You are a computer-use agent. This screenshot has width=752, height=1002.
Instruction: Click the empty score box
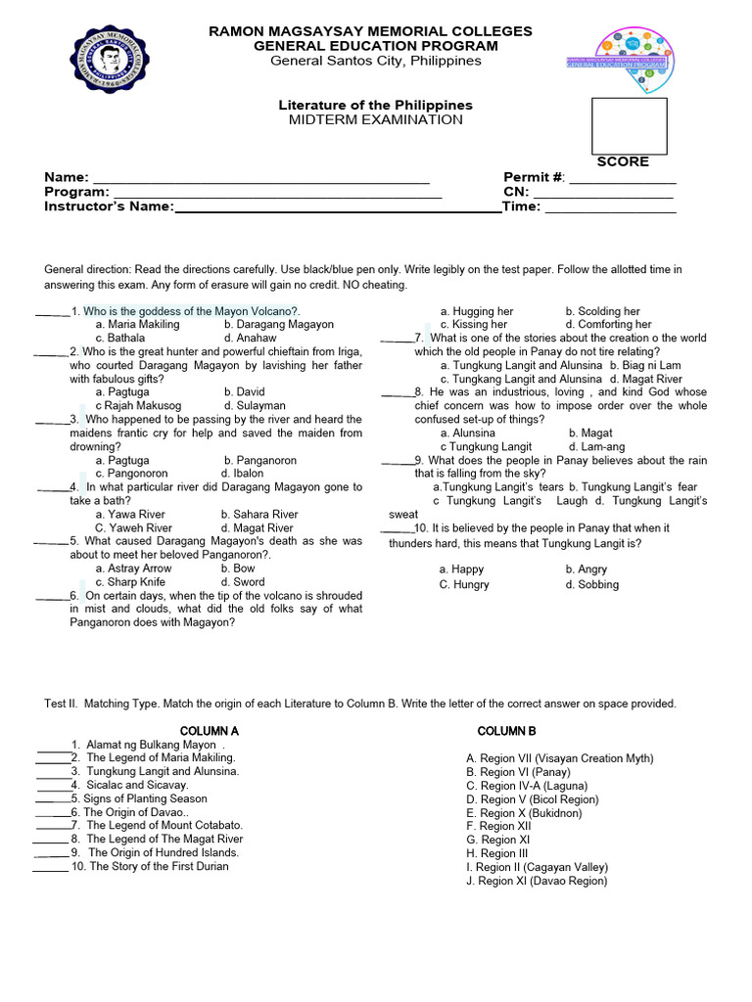pyautogui.click(x=629, y=125)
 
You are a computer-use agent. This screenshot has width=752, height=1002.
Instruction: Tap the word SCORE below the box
pyautogui.click(x=623, y=161)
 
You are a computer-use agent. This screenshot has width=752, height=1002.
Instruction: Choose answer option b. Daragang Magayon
pyautogui.click(x=278, y=324)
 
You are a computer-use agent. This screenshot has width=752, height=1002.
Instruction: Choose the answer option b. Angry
pyautogui.click(x=586, y=569)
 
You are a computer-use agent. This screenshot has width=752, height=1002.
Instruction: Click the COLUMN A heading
pyautogui.click(x=210, y=731)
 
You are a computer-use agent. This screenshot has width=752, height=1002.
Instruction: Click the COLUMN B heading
pyautogui.click(x=506, y=731)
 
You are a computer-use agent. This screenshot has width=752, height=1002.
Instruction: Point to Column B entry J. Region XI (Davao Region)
pyautogui.click(x=536, y=881)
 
